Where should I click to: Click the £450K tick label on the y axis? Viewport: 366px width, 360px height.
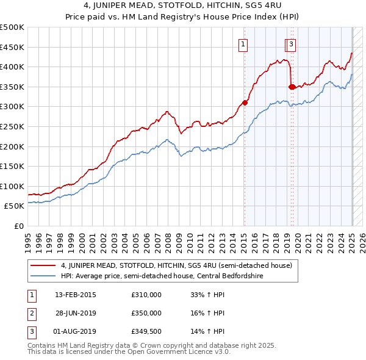(x=12, y=47)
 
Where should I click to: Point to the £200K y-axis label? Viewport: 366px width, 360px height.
(x=12, y=146)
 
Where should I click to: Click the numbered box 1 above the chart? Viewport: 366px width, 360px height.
(x=243, y=44)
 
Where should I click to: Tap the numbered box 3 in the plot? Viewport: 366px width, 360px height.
(x=292, y=44)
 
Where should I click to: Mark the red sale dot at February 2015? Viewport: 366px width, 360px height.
(x=245, y=103)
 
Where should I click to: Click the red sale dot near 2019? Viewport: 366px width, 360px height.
(x=292, y=87)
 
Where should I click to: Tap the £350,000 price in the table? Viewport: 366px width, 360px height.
(x=146, y=313)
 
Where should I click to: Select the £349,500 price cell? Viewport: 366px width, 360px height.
(x=146, y=331)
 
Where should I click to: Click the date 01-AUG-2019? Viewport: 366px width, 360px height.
(x=75, y=331)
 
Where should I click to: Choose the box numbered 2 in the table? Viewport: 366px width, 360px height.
(x=30, y=313)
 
